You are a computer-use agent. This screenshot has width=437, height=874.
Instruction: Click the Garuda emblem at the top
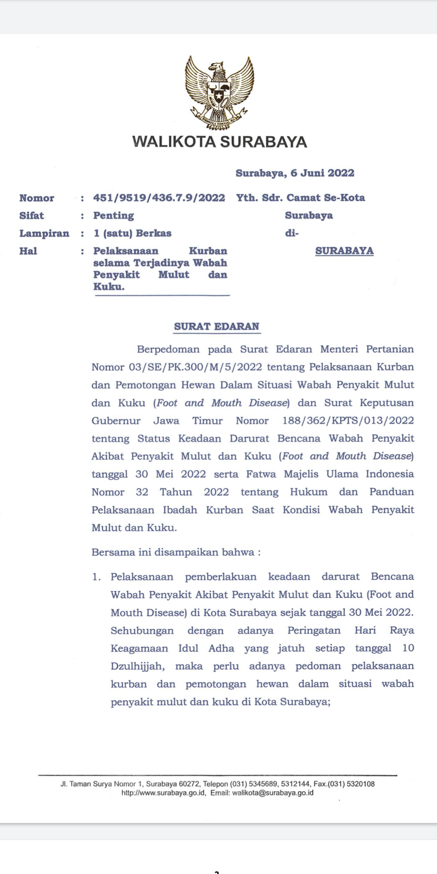tap(219, 93)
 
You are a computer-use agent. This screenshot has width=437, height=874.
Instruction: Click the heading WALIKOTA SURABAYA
tap(219, 142)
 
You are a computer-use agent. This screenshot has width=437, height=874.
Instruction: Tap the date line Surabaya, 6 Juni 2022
tap(295, 173)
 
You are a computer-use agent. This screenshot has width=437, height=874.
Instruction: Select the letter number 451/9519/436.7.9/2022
tap(159, 198)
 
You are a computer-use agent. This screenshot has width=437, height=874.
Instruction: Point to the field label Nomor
tap(37, 198)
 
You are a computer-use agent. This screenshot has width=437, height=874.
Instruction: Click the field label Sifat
tap(32, 216)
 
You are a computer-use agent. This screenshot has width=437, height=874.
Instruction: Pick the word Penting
tap(114, 216)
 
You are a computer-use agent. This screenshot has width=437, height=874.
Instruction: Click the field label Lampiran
tap(44, 233)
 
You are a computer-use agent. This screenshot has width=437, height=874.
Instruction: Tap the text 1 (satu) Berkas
tap(132, 233)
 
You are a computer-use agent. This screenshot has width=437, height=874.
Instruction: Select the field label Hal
tap(28, 251)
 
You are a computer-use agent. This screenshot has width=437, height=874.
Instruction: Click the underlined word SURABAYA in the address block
tap(344, 251)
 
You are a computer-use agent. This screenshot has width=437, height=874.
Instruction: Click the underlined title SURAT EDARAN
tap(216, 327)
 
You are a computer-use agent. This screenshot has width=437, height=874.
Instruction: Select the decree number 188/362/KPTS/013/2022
tap(348, 421)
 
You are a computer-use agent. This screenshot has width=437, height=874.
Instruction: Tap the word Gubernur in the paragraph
tap(116, 421)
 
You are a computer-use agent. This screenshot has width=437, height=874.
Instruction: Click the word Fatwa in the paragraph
tap(261, 474)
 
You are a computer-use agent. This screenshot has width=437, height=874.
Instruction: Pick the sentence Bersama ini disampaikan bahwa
tap(176, 552)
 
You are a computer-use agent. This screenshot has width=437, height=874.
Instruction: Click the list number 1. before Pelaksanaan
tap(96, 577)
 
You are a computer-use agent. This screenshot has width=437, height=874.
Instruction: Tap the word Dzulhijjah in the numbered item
tap(137, 666)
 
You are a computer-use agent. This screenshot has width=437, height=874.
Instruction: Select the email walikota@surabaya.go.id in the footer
tap(273, 793)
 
